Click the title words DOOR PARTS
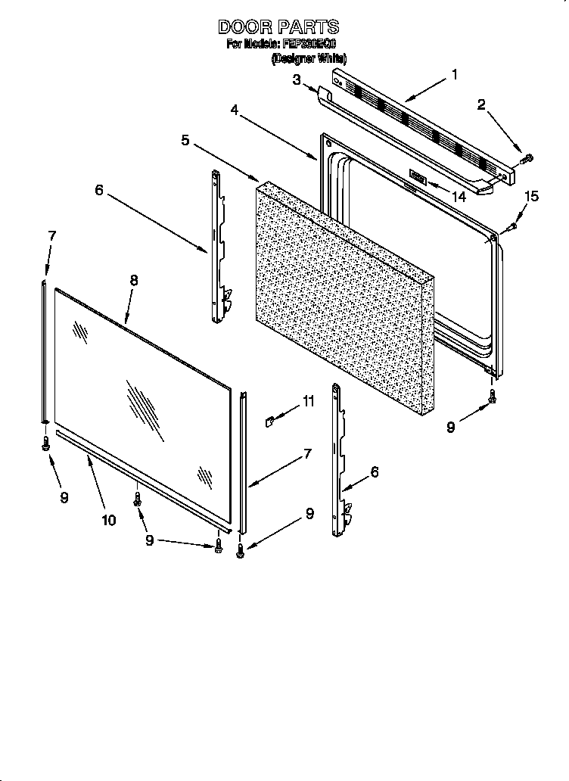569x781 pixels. pos(278,27)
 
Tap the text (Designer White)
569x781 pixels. pos(309,58)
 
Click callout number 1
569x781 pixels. pos(454,74)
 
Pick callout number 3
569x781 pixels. pos(297,79)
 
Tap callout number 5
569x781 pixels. pos(185,140)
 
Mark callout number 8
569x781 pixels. pos(133,279)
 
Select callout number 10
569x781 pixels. pos(108,519)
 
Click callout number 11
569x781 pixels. pos(308,402)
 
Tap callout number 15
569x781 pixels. pos(532,197)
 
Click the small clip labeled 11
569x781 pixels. pos(269,420)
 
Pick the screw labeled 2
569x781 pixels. pos(527,158)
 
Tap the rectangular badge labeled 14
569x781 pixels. pos(418,178)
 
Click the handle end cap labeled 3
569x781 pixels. pos(324,95)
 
